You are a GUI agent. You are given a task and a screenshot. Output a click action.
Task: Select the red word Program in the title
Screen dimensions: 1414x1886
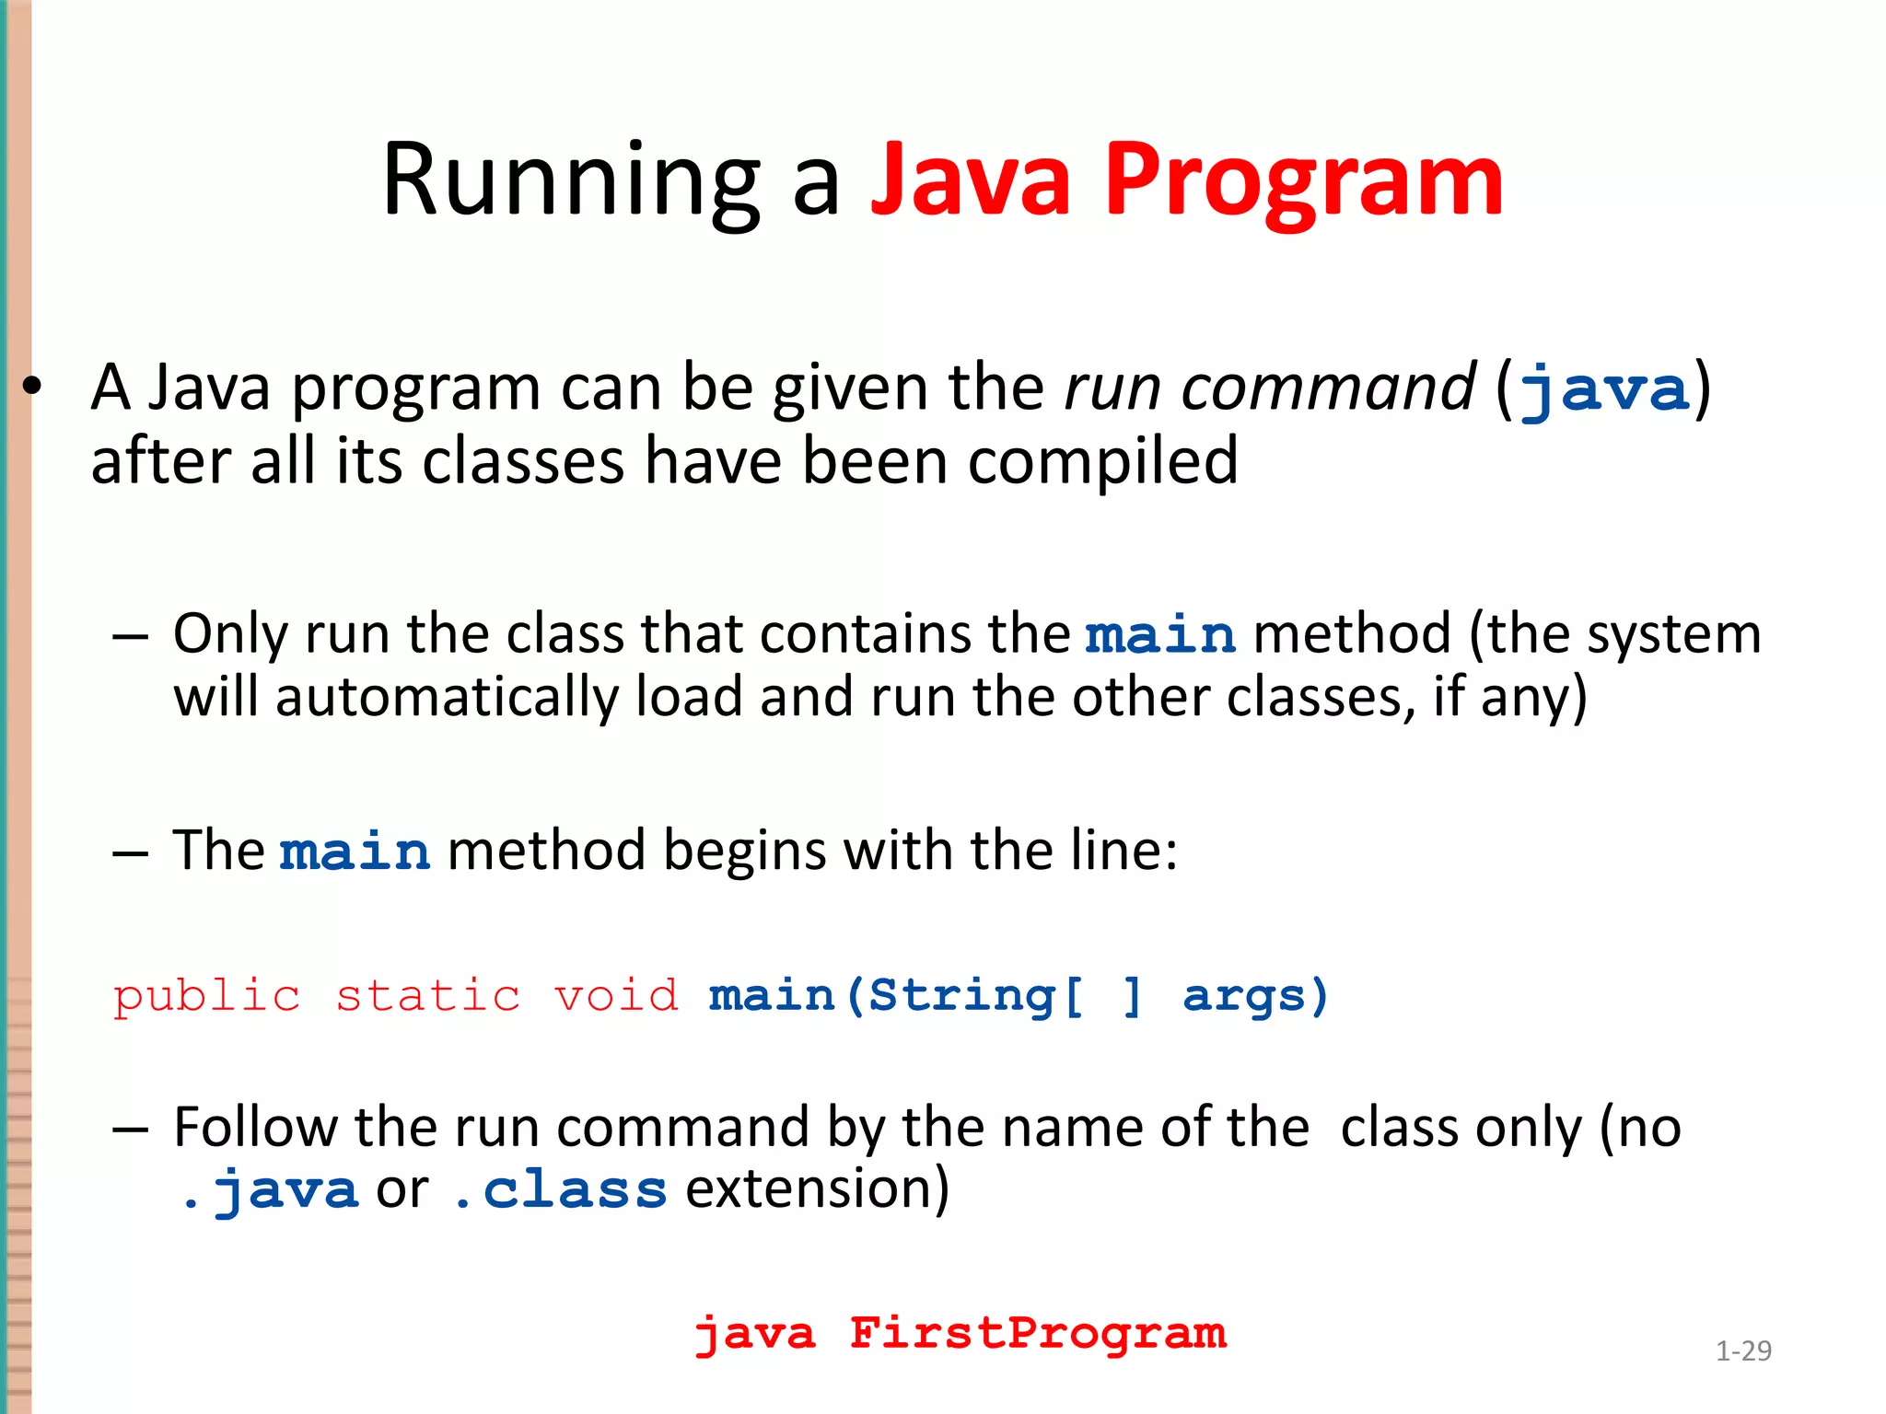[x=1303, y=181]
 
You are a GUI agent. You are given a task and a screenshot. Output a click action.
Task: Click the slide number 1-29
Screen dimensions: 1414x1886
[x=1743, y=1350]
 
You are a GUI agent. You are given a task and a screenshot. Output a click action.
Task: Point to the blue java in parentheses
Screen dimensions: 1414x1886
[x=1604, y=389]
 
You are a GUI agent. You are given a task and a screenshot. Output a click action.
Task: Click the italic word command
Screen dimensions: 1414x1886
[x=1329, y=388]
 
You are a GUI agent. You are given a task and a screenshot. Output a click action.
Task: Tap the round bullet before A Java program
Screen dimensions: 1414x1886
[x=33, y=388]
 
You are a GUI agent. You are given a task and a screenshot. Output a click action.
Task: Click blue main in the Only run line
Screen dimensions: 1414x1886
[x=1160, y=635]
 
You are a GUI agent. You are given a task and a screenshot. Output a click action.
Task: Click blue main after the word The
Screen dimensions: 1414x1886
[x=355, y=851]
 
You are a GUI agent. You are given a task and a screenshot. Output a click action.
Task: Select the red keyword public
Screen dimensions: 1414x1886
[x=207, y=997]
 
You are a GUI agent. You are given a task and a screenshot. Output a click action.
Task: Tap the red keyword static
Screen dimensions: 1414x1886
[x=428, y=997]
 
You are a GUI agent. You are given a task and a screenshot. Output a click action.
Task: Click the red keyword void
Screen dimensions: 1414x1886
[x=616, y=997]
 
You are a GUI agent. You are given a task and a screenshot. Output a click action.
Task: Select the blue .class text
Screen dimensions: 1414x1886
[x=560, y=1190]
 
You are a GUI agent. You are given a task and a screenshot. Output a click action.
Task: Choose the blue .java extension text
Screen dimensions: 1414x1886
[x=269, y=1190]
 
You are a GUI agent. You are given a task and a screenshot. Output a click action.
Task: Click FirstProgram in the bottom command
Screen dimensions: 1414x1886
[x=1038, y=1334]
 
